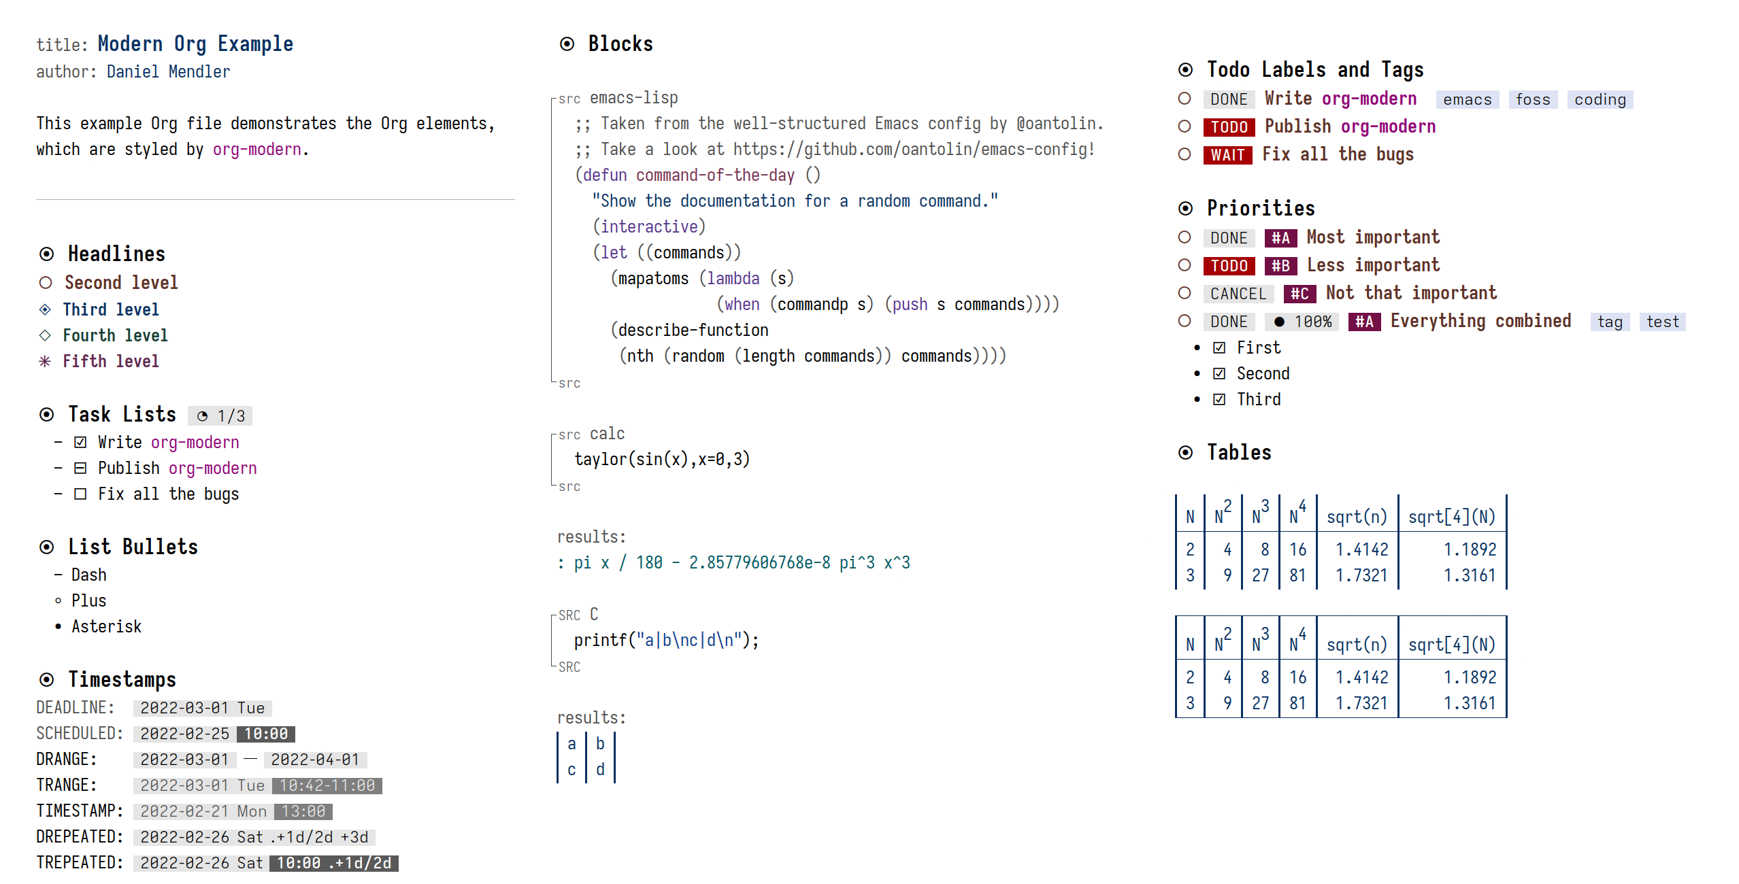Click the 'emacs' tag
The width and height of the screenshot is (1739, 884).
point(1467,99)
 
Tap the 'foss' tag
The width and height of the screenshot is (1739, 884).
point(1533,99)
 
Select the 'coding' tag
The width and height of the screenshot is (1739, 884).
point(1600,99)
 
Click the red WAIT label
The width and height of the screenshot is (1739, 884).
point(1228,155)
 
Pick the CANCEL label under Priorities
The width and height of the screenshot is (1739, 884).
point(1238,294)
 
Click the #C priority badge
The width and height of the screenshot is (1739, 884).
point(1299,294)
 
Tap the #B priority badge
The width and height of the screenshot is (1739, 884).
point(1280,266)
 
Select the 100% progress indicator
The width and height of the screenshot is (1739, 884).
point(1302,322)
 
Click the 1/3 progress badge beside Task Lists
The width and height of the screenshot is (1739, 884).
point(220,415)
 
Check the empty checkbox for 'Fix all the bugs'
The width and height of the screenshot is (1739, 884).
point(80,494)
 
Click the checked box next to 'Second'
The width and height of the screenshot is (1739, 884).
point(1219,373)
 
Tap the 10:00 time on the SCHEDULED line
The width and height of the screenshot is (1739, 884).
point(266,734)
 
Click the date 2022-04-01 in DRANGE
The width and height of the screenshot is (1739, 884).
point(315,760)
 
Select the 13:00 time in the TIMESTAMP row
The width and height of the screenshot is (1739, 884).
point(303,811)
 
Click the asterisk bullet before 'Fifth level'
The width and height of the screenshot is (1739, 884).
point(45,361)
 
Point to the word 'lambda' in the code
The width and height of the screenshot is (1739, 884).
point(733,279)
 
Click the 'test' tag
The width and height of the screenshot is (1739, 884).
point(1663,322)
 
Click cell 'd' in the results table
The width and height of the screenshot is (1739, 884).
point(600,770)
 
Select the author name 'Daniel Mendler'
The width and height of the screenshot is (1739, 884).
point(169,72)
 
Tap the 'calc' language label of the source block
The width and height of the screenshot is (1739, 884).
point(607,434)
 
